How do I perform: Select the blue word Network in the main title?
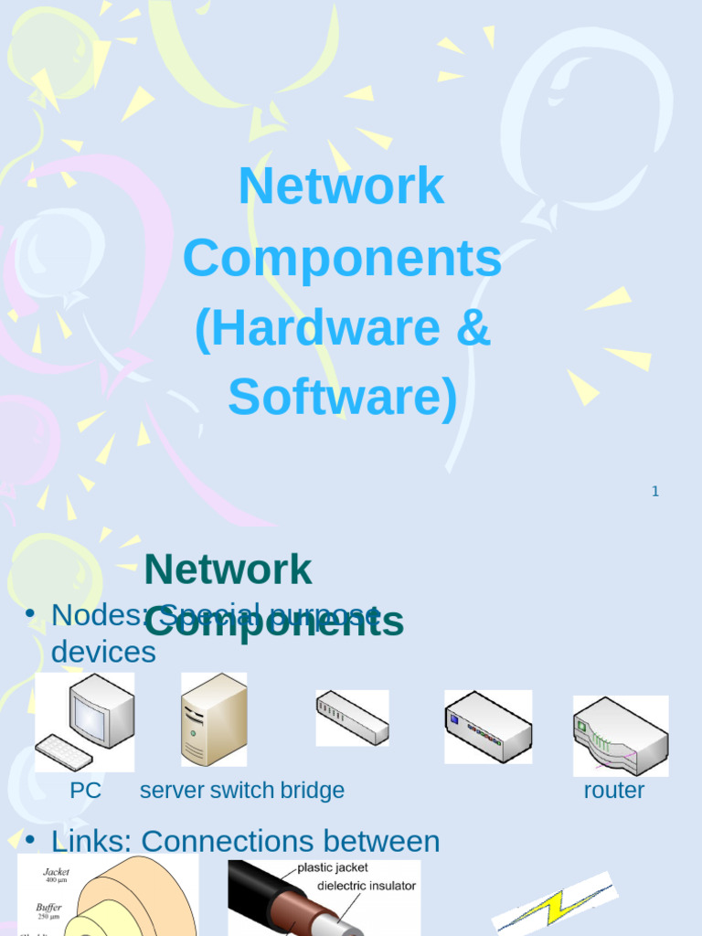tap(341, 186)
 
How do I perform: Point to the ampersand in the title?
tap(473, 329)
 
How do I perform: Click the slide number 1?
tap(654, 492)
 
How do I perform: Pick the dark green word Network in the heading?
tap(228, 570)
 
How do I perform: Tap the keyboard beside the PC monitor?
tap(64, 752)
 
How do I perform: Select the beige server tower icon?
tap(214, 720)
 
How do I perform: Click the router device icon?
tap(621, 735)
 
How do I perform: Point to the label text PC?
tap(86, 791)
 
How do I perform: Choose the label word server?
tap(172, 791)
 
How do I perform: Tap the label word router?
tap(613, 791)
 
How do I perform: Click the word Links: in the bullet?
tap(92, 841)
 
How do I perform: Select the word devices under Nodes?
tap(103, 652)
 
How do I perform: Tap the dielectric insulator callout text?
tap(367, 886)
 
